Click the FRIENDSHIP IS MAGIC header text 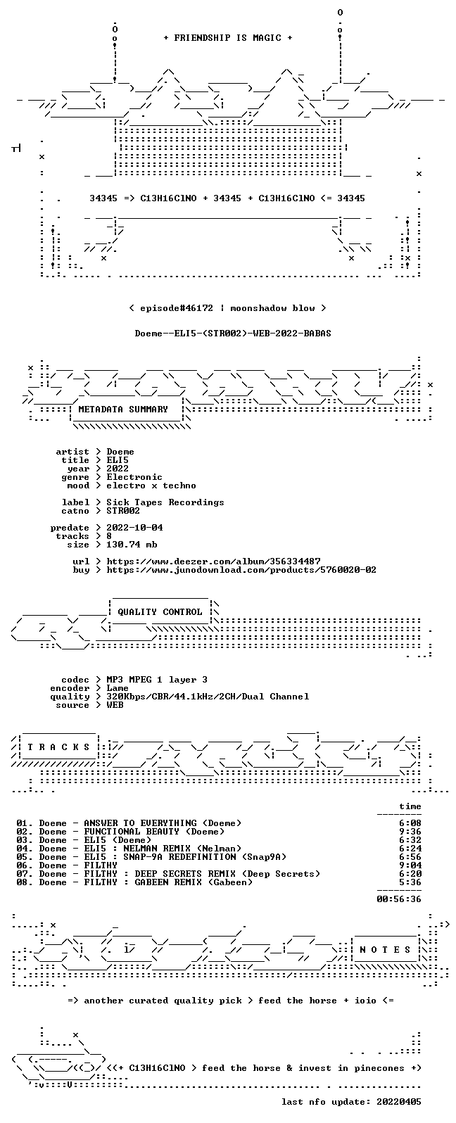(228, 37)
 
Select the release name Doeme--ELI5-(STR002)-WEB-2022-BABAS (233, 334)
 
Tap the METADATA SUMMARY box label (123, 409)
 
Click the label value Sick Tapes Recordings (165, 502)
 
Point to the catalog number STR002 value (123, 511)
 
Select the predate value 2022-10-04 (134, 528)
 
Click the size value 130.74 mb (132, 545)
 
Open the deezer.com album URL (213, 561)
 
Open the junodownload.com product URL (241, 569)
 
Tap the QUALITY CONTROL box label (160, 611)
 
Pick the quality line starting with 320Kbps (208, 697)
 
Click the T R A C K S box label (58, 747)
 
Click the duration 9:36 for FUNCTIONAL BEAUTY (410, 832)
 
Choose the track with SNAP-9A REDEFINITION (151, 857)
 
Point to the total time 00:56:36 (399, 899)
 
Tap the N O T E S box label (385, 949)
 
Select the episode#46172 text (176, 307)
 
